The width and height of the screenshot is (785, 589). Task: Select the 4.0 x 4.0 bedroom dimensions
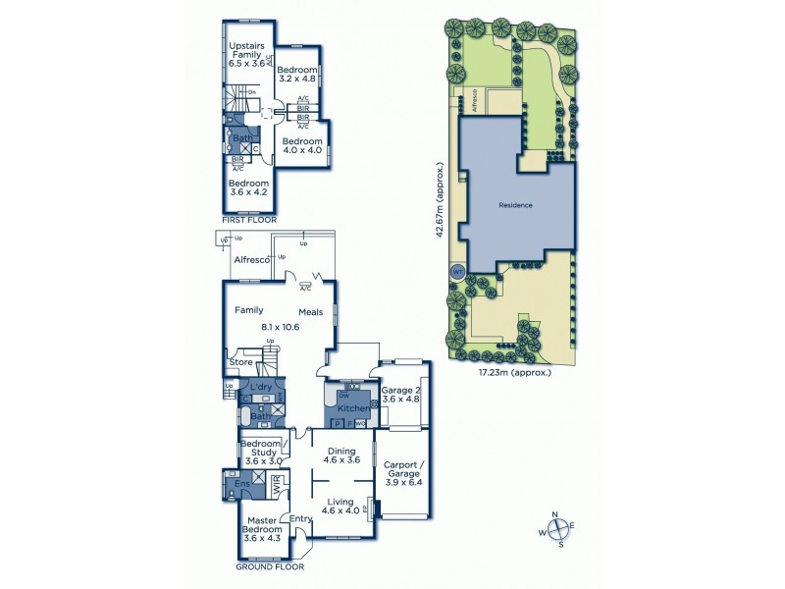click(302, 150)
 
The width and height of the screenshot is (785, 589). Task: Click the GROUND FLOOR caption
click(270, 566)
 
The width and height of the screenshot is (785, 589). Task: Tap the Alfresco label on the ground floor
click(253, 259)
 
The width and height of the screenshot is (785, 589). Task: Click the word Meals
click(311, 312)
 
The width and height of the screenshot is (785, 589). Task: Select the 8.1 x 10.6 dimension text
click(281, 326)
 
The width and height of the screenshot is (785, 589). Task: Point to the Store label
click(241, 362)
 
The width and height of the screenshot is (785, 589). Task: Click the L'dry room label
click(261, 388)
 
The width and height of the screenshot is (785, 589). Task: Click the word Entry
click(299, 519)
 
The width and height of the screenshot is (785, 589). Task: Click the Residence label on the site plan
click(515, 205)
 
